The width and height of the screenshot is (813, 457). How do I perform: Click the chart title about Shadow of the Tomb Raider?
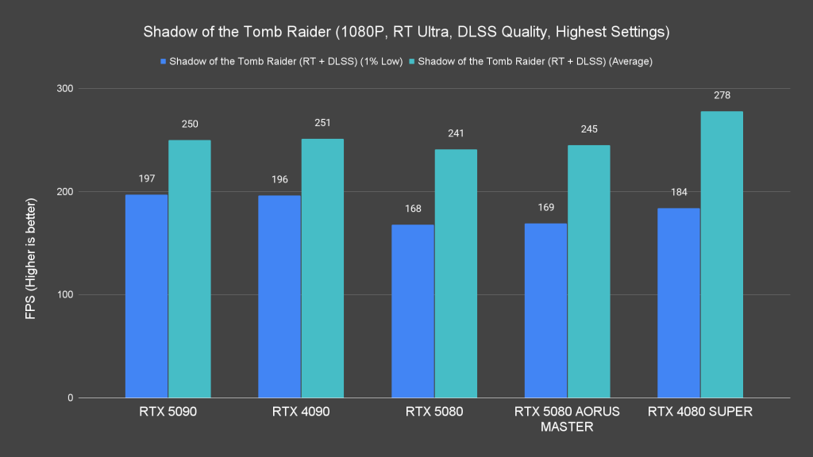point(406,33)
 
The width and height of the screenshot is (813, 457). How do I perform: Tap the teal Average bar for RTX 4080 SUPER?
point(722,254)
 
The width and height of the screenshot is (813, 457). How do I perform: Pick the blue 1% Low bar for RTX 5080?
point(412,311)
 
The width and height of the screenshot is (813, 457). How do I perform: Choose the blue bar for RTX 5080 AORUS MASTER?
point(545,310)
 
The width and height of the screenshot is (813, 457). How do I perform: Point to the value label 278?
point(722,95)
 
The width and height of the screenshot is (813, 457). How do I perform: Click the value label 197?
point(146,179)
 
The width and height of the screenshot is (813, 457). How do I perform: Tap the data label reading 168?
point(412,209)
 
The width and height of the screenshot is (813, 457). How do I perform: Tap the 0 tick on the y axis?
point(69,398)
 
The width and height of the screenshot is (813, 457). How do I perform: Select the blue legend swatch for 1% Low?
point(163,61)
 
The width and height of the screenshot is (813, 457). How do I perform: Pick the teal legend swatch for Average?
point(412,61)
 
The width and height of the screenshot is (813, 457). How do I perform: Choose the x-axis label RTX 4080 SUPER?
point(699,412)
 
